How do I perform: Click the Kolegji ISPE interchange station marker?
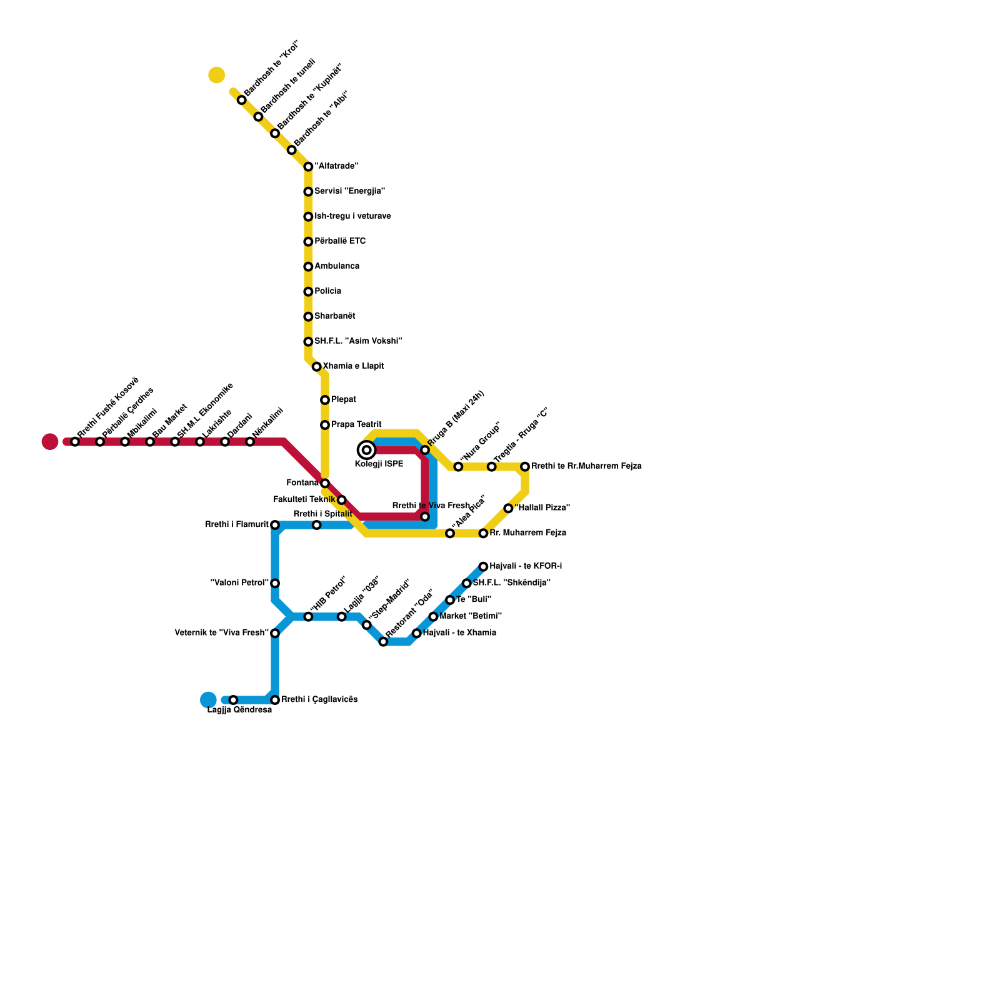(x=367, y=450)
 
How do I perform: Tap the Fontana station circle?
(x=325, y=483)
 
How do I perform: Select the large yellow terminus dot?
(x=217, y=75)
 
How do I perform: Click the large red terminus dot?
(x=50, y=442)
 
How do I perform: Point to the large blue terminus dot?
(x=208, y=700)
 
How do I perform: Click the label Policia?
(x=327, y=291)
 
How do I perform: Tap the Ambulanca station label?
(x=336, y=266)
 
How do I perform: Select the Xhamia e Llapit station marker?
(x=317, y=367)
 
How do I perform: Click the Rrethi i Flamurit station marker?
(x=275, y=525)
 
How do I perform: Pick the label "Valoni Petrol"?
(x=239, y=583)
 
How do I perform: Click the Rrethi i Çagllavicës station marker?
(x=275, y=700)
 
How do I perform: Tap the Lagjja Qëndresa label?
(x=239, y=710)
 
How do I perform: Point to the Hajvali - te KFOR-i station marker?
(x=483, y=567)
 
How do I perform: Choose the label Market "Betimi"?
(x=470, y=616)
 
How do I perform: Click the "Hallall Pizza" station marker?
(x=508, y=509)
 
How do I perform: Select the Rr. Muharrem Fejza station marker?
(x=483, y=534)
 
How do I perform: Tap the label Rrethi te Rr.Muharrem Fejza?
(x=586, y=466)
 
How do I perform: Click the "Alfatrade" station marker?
(x=308, y=167)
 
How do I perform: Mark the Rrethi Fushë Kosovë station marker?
(x=75, y=442)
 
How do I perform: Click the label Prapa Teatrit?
(x=356, y=425)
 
